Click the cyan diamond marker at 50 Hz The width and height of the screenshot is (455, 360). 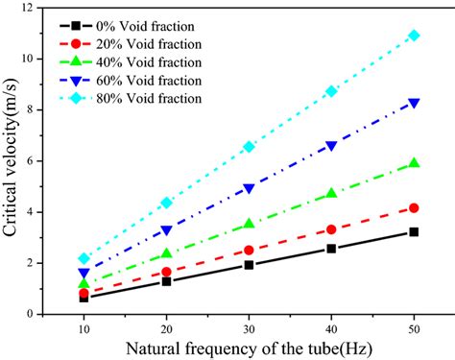point(414,36)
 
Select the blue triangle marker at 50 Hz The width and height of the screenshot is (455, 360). point(414,102)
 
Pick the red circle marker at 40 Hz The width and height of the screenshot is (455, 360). point(331,229)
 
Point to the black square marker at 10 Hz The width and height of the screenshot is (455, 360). point(84,298)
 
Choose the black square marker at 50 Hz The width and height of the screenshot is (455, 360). point(414,231)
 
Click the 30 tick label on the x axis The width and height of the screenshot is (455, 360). point(249,327)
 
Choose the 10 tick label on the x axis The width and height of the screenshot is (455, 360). point(84,327)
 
